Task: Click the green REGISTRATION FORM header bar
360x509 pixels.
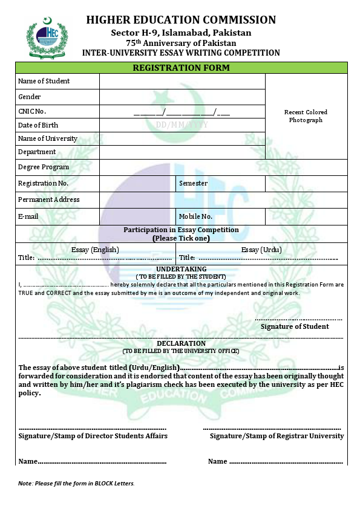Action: click(x=181, y=68)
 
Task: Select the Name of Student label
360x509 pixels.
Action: click(x=44, y=81)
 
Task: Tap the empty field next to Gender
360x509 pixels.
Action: click(x=182, y=97)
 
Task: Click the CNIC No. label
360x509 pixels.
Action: click(x=32, y=111)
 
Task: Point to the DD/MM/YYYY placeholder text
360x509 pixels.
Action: click(x=182, y=125)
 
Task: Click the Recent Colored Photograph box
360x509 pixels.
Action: click(x=306, y=116)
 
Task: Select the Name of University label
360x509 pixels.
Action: click(x=48, y=138)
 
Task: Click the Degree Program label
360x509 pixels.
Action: click(x=44, y=167)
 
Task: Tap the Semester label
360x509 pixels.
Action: click(x=193, y=183)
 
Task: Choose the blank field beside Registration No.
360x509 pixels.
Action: click(x=137, y=183)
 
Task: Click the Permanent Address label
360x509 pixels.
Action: click(x=49, y=199)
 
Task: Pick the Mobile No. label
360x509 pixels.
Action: click(x=195, y=216)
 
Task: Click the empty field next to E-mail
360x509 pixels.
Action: click(x=137, y=216)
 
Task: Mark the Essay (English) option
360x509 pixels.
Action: click(x=95, y=250)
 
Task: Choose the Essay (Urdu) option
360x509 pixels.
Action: click(x=261, y=250)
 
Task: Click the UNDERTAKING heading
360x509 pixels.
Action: click(x=182, y=269)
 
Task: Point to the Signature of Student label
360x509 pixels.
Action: click(x=295, y=326)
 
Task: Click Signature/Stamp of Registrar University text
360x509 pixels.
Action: click(x=277, y=436)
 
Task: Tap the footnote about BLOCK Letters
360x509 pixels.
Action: click(x=76, y=483)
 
